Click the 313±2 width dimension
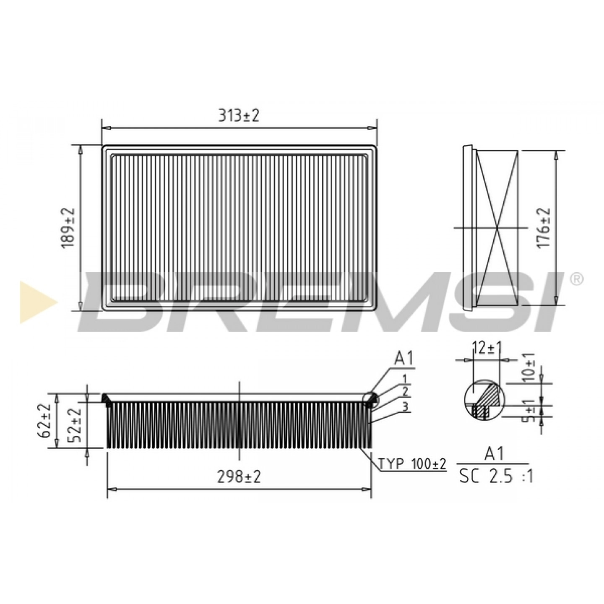(239, 116)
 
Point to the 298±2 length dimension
(239, 478)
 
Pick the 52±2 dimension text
(75, 425)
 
